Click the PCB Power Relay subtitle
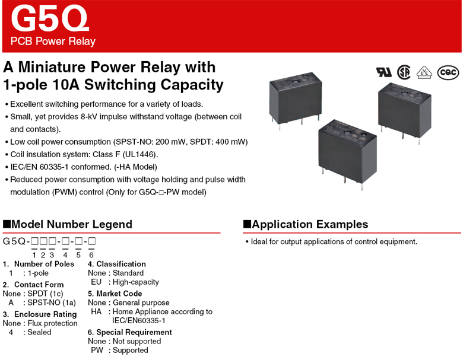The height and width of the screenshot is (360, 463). [53, 42]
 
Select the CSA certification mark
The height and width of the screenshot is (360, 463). [404, 72]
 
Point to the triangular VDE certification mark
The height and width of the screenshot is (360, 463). [424, 72]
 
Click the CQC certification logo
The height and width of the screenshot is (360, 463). [448, 72]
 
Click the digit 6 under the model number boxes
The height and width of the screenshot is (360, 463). [91, 255]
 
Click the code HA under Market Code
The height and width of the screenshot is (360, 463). [97, 311]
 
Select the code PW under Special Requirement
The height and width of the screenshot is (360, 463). [97, 350]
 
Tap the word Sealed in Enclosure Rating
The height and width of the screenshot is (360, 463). [39, 332]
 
